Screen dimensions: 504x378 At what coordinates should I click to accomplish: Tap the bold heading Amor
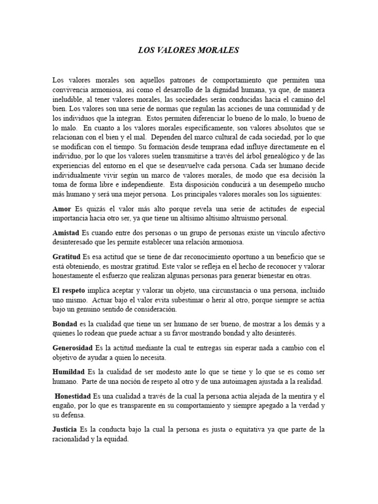tap(62, 209)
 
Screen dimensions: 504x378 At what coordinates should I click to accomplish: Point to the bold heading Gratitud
tap(67, 256)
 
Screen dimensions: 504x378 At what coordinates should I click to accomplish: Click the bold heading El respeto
tap(69, 290)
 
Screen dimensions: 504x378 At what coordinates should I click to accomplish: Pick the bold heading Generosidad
tap(73, 348)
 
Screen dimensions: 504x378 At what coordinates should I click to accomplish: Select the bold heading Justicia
tap(67, 430)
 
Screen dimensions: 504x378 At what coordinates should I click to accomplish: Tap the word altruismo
tap(231, 218)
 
